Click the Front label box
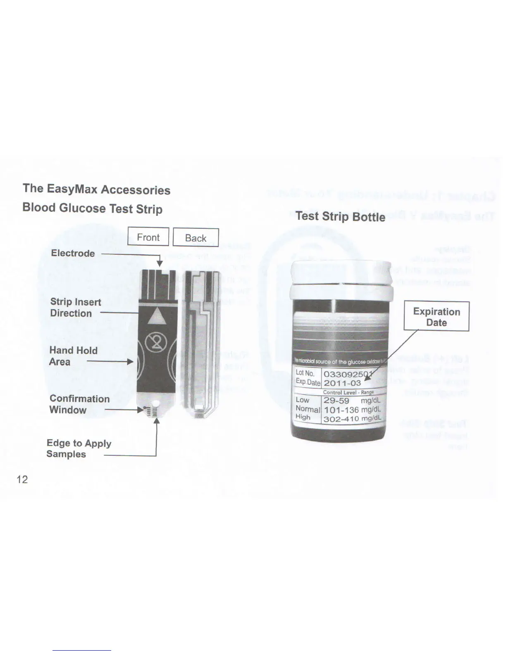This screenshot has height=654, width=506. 148,237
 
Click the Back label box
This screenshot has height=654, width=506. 196,238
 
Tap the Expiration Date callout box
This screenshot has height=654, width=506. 437,317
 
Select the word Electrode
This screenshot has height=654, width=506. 73,253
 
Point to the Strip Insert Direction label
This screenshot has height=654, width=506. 75,308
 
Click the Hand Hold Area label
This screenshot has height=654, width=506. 73,356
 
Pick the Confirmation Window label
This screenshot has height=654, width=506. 79,404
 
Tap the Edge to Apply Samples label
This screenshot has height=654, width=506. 79,448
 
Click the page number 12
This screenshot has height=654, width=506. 22,479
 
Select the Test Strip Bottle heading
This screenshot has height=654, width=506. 340,216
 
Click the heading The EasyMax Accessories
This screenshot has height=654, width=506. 97,189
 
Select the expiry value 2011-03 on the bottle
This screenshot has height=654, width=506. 342,383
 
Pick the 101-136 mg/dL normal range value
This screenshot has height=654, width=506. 352,410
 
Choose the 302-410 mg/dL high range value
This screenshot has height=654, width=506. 352,418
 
